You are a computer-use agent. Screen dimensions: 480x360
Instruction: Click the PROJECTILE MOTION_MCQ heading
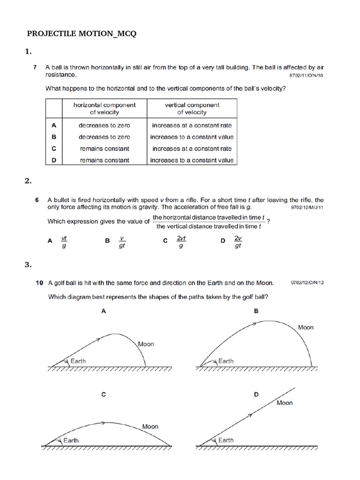click(82, 34)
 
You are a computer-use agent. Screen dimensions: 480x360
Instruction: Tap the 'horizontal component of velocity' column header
click(105, 109)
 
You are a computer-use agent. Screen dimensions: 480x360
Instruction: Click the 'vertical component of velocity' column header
click(192, 109)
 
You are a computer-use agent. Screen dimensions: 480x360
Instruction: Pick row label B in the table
click(54, 137)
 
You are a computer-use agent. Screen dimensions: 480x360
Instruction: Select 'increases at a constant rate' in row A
click(192, 125)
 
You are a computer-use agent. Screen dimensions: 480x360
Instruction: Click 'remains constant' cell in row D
click(105, 160)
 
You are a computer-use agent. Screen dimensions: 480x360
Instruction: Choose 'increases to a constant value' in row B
click(192, 137)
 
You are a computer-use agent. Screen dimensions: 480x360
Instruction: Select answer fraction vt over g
click(64, 242)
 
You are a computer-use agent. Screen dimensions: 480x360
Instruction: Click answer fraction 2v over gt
click(238, 242)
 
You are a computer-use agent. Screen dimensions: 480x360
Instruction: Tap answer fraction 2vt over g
click(181, 242)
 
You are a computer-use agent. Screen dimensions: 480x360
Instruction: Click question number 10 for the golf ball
click(39, 283)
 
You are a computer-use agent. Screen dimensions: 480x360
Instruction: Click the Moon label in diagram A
click(146, 344)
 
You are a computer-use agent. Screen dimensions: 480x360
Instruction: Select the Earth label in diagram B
click(226, 361)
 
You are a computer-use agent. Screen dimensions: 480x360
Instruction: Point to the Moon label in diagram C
click(150, 427)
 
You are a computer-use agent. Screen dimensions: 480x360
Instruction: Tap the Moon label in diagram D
click(285, 403)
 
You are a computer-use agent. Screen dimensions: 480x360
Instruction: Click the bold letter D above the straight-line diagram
click(256, 395)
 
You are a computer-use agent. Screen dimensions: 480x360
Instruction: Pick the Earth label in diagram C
click(71, 440)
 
